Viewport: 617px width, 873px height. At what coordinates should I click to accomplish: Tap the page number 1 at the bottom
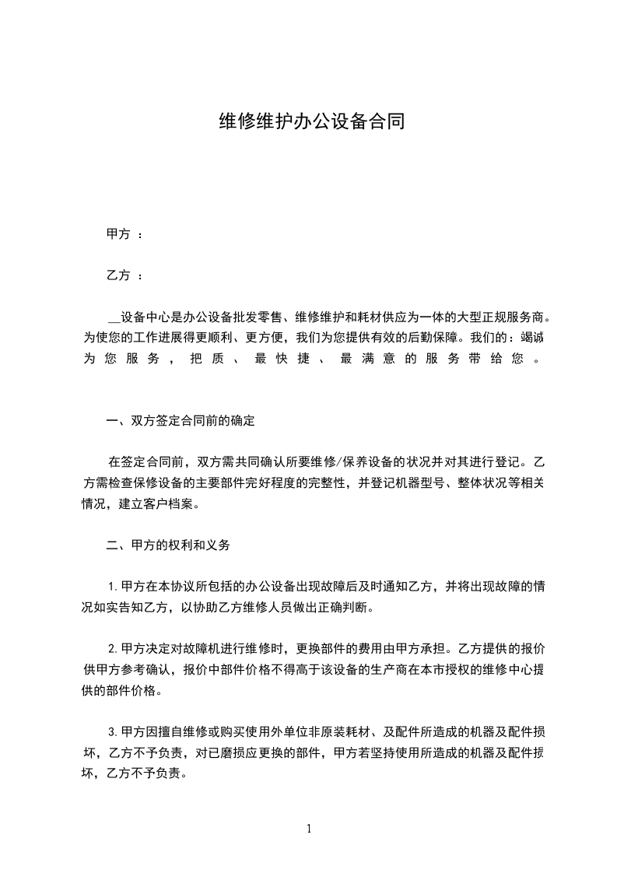tap(309, 829)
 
